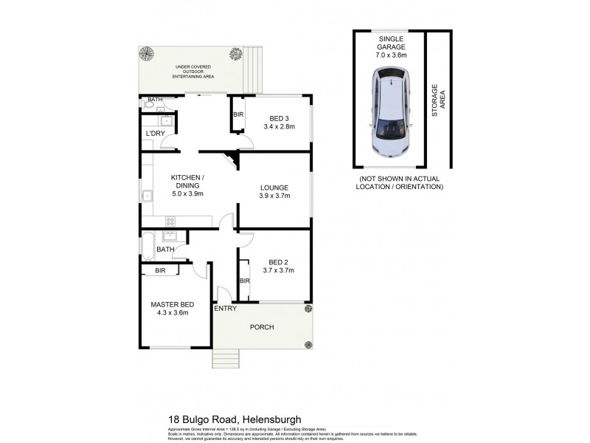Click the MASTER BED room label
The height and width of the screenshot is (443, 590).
(173, 305)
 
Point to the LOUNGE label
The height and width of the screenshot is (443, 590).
(274, 187)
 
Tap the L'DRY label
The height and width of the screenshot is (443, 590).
(155, 133)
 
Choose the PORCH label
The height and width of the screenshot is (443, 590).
(262, 327)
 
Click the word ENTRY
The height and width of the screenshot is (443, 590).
(225, 309)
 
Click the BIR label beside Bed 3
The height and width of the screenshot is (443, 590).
(238, 115)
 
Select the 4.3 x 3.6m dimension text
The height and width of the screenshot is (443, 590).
(173, 313)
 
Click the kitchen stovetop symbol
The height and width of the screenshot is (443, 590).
(170, 220)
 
